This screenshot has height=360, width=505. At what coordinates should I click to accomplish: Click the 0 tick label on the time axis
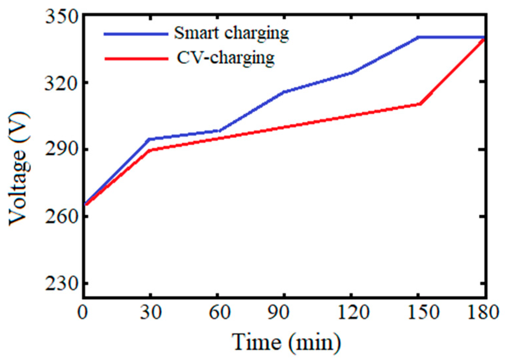pyautogui.click(x=83, y=312)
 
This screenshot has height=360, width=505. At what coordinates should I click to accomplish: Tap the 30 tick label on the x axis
pyautogui.click(x=151, y=312)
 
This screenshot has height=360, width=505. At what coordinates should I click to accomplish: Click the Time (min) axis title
pyautogui.click(x=286, y=342)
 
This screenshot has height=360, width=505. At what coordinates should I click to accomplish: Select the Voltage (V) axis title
pyautogui.click(x=18, y=169)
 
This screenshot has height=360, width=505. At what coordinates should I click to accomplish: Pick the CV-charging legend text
pyautogui.click(x=226, y=59)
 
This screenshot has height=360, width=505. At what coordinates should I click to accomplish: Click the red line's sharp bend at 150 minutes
pyautogui.click(x=420, y=104)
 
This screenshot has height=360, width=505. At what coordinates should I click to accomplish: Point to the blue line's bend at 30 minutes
pyautogui.click(x=150, y=139)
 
